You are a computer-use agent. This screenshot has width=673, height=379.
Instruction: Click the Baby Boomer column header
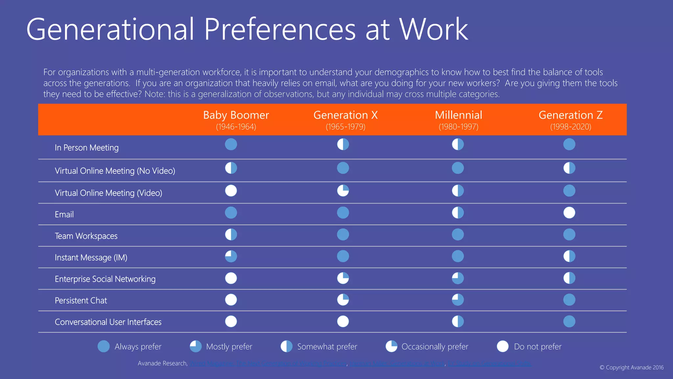coord(236,115)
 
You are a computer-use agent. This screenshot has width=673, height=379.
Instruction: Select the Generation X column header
coord(345,115)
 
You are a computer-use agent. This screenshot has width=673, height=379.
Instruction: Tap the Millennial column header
coord(458,115)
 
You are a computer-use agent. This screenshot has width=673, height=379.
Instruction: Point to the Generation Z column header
coord(570,115)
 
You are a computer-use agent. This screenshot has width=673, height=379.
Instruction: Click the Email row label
coord(64,215)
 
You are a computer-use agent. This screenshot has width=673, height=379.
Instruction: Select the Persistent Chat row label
coord(81,300)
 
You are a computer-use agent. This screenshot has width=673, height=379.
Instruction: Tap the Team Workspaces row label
coord(86,236)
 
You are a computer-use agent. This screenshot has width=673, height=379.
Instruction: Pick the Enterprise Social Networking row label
coord(105,279)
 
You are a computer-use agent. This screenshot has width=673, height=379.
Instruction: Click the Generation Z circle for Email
coord(569,213)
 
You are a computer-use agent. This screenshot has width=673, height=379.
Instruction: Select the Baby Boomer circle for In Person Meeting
coord(231,144)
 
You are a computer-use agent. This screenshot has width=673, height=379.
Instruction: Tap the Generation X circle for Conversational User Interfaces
coord(343,321)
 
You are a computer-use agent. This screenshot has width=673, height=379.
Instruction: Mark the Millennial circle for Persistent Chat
coord(458,300)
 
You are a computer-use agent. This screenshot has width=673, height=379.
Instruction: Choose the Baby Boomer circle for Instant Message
coord(231,256)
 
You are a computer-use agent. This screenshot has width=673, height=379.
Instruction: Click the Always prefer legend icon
coord(104,346)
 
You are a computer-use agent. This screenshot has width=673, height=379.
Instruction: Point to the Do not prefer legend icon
coord(502,346)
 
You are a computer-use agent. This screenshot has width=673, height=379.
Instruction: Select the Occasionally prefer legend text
coord(435,346)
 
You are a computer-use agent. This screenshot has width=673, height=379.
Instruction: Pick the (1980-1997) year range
coord(458,127)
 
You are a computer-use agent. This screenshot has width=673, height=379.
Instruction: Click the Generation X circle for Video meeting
coord(343,190)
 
